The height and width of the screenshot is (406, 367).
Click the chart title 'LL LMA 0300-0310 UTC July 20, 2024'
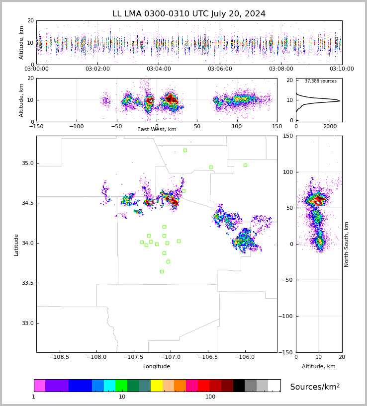189,14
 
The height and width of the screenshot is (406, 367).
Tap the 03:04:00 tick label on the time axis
159,69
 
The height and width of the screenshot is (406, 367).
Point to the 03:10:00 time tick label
342,69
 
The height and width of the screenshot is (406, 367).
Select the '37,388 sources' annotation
320,81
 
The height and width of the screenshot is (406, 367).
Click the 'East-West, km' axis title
157,130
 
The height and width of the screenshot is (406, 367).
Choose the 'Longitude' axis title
157,367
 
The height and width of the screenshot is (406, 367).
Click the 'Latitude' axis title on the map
16,244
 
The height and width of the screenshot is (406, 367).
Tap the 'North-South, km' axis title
347,244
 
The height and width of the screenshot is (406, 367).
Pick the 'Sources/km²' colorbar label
315,387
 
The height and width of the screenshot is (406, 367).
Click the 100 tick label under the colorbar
210,397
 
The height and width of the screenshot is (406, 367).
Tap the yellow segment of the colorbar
157,386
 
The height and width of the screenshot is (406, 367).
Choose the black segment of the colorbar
239,386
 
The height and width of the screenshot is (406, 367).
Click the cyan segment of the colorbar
109,386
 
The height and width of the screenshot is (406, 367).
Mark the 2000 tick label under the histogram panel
330,127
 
